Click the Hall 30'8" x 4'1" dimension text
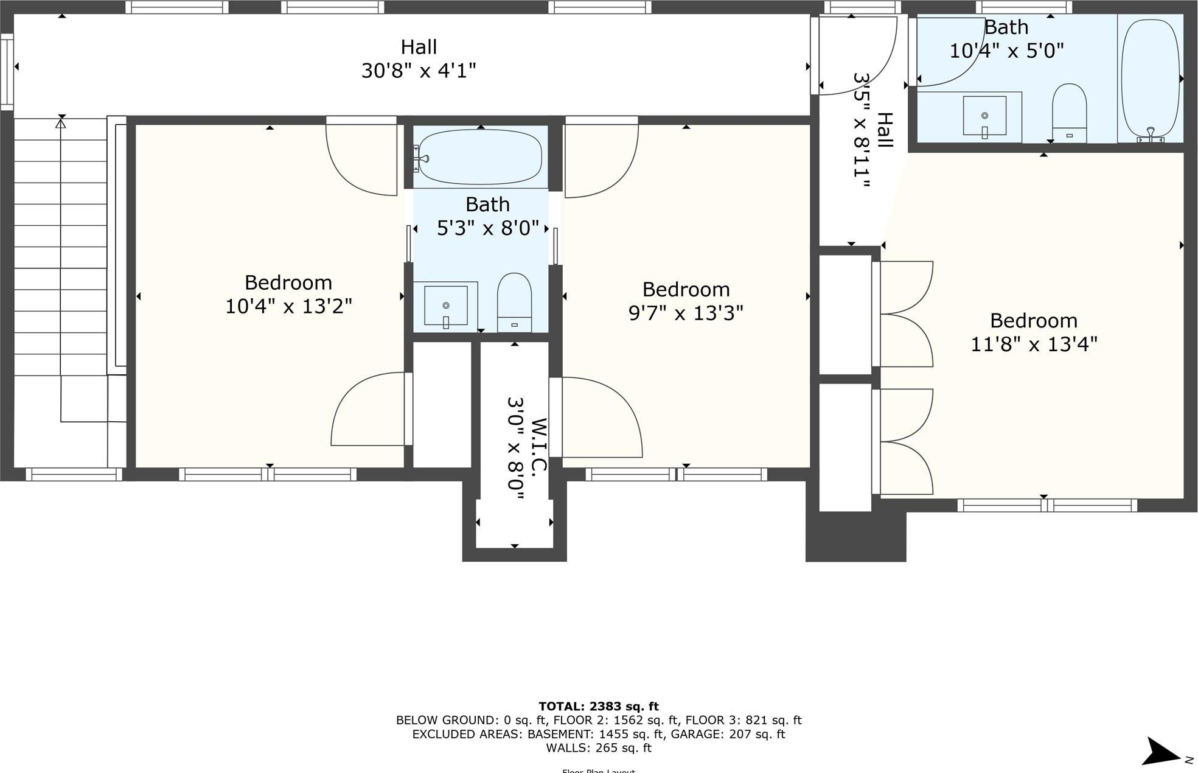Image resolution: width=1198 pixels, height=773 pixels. pos(419,71)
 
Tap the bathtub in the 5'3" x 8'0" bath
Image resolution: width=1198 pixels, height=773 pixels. pos(480,158)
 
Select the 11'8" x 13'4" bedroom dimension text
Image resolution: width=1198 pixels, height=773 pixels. pos(1033,345)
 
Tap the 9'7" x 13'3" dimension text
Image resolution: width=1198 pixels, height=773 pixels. pos(686,313)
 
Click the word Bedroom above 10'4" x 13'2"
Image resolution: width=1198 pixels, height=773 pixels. pos(288,283)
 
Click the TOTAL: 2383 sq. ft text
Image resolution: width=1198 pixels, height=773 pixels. pos(599,707)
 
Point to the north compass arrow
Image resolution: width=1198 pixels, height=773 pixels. pos(1163,752)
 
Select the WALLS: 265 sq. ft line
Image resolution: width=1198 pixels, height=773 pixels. pos(599,748)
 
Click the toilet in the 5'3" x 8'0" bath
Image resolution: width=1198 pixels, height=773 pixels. pos(514,302)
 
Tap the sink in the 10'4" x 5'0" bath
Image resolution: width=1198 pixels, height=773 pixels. pos(984,116)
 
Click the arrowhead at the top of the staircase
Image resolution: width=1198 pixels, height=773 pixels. pos(60,124)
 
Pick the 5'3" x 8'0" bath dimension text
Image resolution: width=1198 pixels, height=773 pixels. pos(488,228)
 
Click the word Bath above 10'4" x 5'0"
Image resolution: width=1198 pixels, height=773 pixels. pos(1006,28)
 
